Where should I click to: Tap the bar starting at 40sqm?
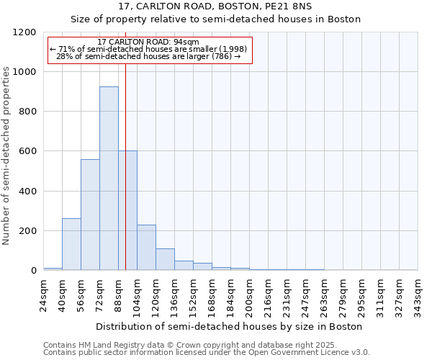point(71,244)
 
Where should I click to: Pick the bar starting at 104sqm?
point(146,248)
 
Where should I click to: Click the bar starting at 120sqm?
point(165,259)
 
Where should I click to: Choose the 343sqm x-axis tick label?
point(418,295)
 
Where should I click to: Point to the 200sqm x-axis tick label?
point(249,295)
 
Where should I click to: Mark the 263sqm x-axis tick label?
point(324,295)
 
